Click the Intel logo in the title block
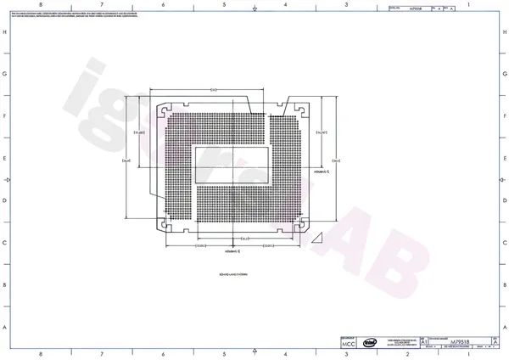371,342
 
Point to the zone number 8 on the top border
42,5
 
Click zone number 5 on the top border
224,5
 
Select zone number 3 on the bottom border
346,355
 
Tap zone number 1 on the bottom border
467,355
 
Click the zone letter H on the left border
5,32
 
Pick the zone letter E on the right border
504,159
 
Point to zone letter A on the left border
5,328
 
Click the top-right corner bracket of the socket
299,109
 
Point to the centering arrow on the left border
7,180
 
